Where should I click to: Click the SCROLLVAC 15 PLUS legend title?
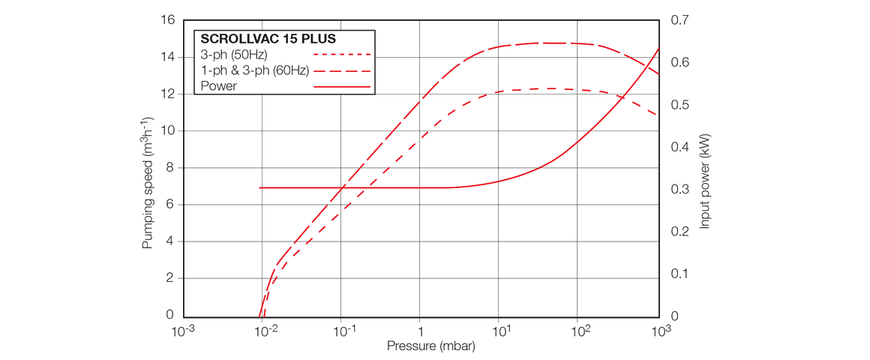(268, 39)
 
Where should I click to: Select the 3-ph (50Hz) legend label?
(234, 55)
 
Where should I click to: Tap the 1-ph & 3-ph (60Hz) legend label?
(254, 70)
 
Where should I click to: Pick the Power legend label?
(219, 86)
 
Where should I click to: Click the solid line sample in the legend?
(342, 87)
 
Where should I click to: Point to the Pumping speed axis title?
(148, 183)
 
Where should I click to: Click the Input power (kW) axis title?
(704, 182)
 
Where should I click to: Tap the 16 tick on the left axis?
(167, 19)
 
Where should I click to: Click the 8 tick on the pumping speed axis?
(169, 167)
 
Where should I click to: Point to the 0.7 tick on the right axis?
(679, 19)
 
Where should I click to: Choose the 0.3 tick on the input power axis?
(679, 189)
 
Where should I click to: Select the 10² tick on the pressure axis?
(578, 331)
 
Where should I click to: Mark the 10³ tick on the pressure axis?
(659, 331)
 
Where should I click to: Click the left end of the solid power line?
(260, 187)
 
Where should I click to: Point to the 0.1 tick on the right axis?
(679, 274)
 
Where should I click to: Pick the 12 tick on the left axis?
(167, 94)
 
